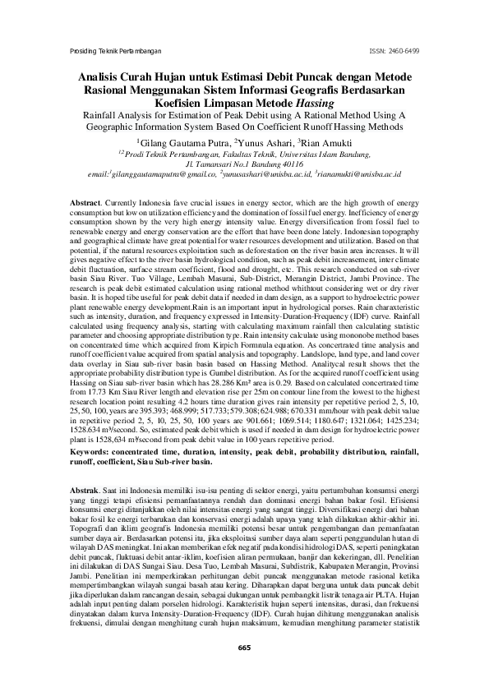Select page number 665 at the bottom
pyautogui.click(x=244, y=648)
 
